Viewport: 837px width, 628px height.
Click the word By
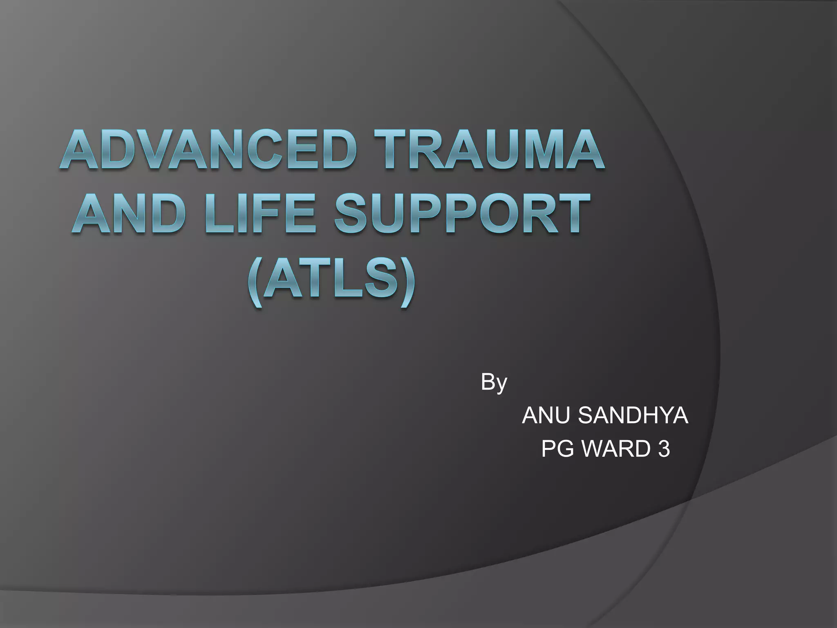pyautogui.click(x=494, y=383)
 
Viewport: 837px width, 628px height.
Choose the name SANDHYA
pyautogui.click(x=633, y=416)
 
